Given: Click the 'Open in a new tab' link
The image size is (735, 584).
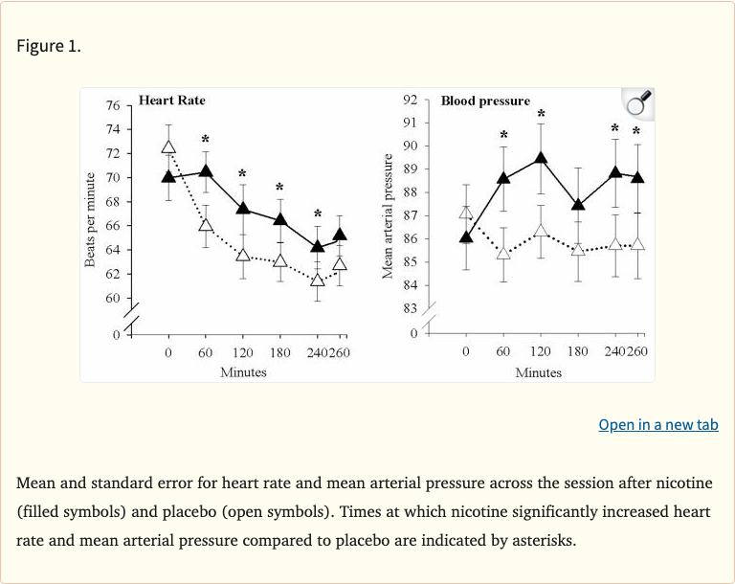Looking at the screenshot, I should point(657,424).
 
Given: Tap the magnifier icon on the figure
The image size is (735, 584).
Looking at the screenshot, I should point(637,102).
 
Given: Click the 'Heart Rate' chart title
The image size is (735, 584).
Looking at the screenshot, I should point(171,100).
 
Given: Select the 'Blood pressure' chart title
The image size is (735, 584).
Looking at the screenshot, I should point(485,101).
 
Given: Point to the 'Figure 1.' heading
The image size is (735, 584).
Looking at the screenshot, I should point(49,46).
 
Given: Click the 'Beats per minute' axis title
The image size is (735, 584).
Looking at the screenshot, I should point(90,220).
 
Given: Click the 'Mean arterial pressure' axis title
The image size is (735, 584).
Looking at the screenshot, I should point(388,216).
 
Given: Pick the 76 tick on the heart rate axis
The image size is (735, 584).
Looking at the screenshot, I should point(113,105).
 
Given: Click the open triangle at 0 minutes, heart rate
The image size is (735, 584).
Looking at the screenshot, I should point(168,146).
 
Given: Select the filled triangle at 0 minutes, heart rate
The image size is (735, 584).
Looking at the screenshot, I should point(168,176).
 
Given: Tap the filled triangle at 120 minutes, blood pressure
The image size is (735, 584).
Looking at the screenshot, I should point(541,158).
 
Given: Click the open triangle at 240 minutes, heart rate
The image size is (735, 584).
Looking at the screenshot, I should point(318,280).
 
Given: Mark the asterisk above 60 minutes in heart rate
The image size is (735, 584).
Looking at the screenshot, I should point(206,139).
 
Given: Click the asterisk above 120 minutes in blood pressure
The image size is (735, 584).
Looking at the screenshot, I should point(541,114).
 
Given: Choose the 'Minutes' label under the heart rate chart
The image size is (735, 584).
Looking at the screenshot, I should point(243,371).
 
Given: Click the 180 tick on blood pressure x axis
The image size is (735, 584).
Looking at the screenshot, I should point(578,351).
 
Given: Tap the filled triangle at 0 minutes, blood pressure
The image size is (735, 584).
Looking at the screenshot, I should point(466,237).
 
